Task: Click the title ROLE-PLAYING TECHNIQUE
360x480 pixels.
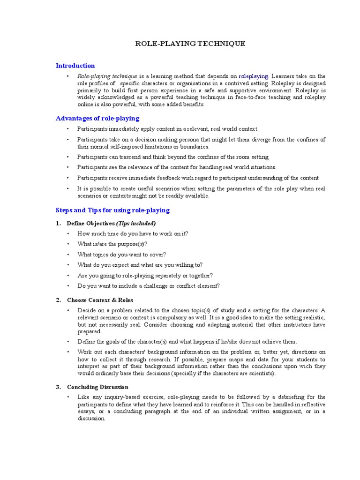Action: tap(190, 44)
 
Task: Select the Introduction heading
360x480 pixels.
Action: tap(75, 66)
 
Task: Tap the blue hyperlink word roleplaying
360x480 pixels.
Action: tap(254, 76)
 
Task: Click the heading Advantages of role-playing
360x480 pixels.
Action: tap(97, 118)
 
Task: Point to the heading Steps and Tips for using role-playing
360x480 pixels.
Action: tap(112, 210)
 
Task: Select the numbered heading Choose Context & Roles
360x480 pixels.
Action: tap(100, 300)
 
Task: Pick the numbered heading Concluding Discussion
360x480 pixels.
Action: tap(97, 387)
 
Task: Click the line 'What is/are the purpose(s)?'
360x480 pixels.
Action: tap(112, 244)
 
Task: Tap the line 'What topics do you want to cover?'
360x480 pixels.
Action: tap(122, 255)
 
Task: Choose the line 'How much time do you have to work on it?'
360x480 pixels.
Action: tap(133, 233)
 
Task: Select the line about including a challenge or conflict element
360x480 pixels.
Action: tap(149, 286)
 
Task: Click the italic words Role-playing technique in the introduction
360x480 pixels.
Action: tap(107, 76)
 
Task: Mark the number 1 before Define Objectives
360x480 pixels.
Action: tap(58, 223)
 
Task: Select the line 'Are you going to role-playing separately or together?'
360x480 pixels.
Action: tap(145, 276)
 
